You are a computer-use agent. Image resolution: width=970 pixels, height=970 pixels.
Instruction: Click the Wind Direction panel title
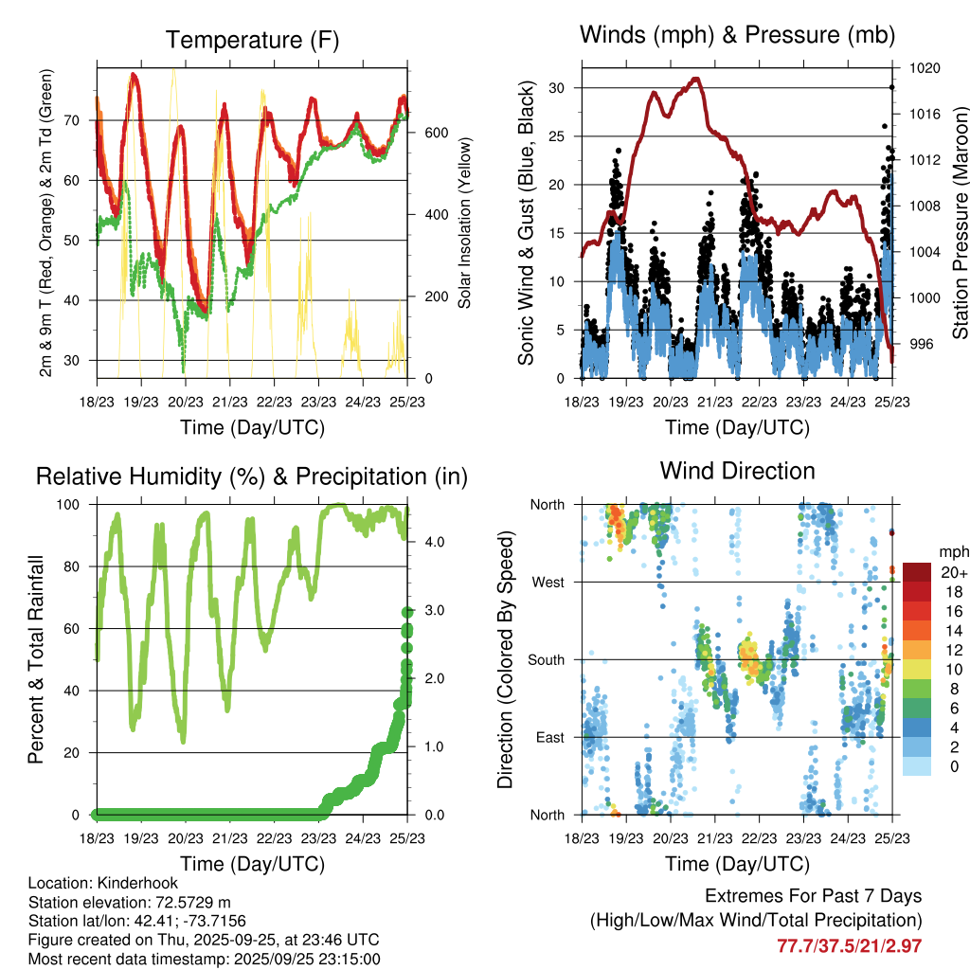point(737,471)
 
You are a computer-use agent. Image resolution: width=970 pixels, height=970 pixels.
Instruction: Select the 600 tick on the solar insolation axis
point(436,133)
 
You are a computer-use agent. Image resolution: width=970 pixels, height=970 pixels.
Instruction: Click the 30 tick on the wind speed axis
point(564,88)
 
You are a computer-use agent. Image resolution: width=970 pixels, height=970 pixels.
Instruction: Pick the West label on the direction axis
point(548,582)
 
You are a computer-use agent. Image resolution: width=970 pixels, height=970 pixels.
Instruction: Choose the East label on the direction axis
point(549,737)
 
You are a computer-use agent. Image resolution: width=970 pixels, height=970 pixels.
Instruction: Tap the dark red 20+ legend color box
point(917,572)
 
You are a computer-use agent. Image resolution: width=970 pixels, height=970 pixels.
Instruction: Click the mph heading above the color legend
point(952,551)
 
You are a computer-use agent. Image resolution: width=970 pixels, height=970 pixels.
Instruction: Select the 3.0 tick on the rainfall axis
point(436,610)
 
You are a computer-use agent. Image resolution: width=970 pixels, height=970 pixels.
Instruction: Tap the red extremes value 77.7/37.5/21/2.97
point(849,945)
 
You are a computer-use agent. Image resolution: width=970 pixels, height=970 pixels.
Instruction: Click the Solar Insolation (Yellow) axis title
point(465,224)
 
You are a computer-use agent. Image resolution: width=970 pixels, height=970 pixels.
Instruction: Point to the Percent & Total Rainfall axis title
point(36,659)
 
